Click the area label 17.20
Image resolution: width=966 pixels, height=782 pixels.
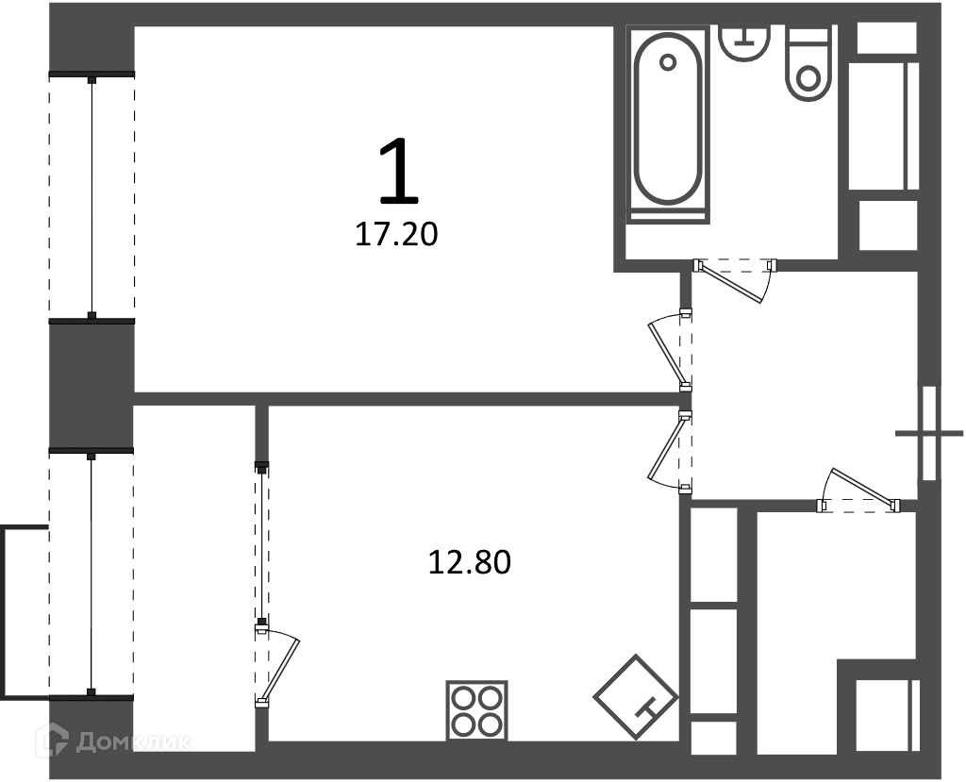click(396, 234)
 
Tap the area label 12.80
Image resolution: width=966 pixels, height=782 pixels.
click(470, 562)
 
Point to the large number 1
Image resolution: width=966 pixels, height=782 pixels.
click(399, 171)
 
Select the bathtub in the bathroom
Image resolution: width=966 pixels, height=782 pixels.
click(669, 124)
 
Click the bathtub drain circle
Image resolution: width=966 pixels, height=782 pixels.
click(668, 62)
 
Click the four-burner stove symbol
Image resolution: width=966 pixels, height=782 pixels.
click(476, 710)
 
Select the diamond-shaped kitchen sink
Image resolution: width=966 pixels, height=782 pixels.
click(636, 696)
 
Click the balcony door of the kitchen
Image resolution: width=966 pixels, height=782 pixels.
click(277, 666)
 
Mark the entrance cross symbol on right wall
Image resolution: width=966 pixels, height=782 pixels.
click(929, 433)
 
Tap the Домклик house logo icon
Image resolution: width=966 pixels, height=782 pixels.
click(53, 740)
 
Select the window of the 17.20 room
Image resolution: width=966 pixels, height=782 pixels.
click(92, 196)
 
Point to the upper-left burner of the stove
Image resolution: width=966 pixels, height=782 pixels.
click(462, 697)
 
